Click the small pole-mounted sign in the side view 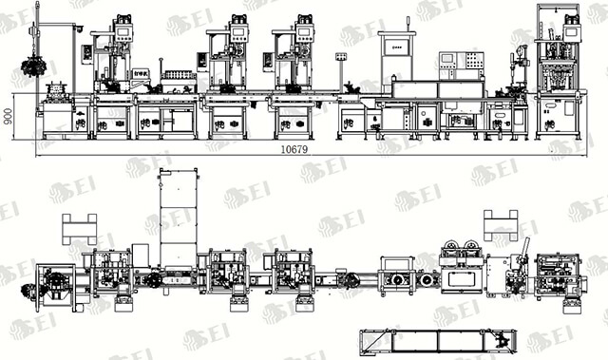pyautogui.click(x=340, y=59)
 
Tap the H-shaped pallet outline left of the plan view pyautogui.click(x=80, y=229)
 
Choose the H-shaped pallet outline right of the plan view pyautogui.click(x=500, y=225)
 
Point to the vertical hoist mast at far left pyautogui.click(x=35, y=38)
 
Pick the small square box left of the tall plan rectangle pyautogui.click(x=141, y=254)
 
